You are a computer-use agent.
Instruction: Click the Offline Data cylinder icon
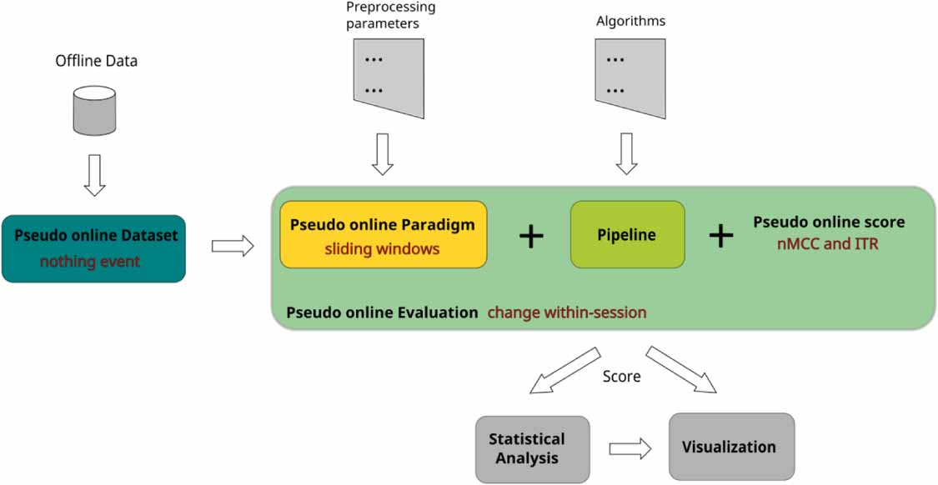point(94,111)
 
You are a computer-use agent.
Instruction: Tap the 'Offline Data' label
point(96,61)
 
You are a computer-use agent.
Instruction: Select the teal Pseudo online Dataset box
point(93,248)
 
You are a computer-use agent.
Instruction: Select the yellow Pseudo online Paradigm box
point(383,234)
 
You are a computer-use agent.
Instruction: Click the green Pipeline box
point(627,234)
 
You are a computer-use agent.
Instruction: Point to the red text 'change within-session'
point(567,313)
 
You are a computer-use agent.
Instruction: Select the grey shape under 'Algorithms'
point(630,77)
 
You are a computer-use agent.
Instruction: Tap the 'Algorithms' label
point(630,20)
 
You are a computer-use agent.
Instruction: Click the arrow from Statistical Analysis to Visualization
point(630,449)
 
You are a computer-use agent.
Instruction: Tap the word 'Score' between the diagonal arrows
point(621,377)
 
